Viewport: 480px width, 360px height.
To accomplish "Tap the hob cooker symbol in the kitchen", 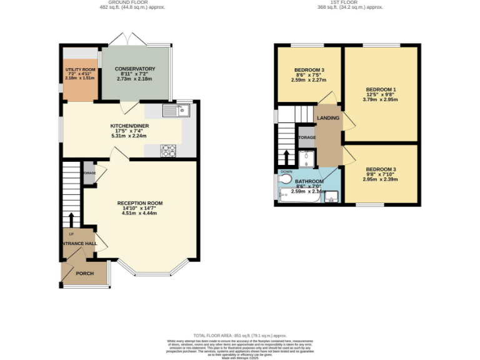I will [x=169, y=150].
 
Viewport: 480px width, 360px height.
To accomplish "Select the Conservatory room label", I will [x=135, y=69].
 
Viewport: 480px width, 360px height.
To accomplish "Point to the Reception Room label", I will [x=140, y=203].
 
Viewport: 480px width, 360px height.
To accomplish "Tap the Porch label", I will [x=84, y=273].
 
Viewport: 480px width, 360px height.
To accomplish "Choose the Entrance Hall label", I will [x=79, y=243].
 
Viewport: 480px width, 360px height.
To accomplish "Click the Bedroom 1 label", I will [x=381, y=89].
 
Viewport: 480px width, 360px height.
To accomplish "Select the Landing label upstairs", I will [x=328, y=118].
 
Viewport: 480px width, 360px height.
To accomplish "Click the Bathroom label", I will [x=309, y=182].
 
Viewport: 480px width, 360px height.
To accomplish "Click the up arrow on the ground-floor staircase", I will [x=71, y=219].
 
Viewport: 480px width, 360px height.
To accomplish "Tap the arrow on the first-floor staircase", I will [x=287, y=156].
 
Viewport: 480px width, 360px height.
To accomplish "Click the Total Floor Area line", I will [x=239, y=336].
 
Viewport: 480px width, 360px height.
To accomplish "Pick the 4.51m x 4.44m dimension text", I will [x=139, y=214].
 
